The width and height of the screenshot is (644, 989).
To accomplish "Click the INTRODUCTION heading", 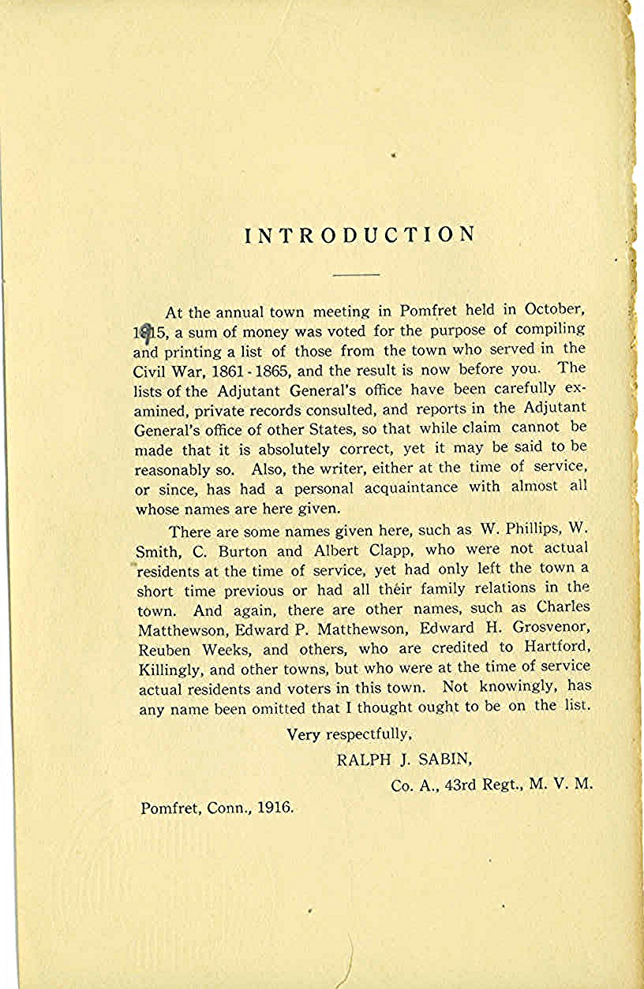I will [361, 235].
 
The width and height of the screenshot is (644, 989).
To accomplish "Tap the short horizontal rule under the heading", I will [356, 274].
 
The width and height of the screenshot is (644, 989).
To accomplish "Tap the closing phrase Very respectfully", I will [349, 734].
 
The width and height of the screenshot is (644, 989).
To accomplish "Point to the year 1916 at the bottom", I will [275, 808].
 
